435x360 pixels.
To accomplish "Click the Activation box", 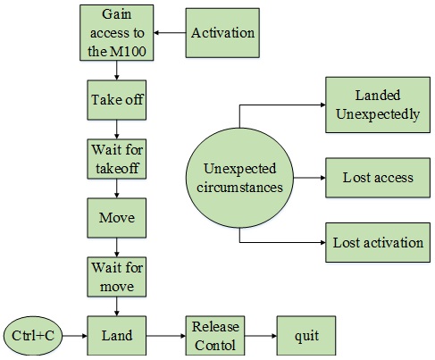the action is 222,33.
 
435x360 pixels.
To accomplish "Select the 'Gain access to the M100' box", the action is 117,33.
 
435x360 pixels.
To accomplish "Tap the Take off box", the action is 117,100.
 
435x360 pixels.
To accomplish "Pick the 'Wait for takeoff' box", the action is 117,159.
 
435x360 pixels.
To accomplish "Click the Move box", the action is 117,218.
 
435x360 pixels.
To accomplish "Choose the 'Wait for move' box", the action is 117,277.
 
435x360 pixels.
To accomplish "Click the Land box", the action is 117,336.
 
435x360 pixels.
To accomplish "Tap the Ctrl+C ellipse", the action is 33,336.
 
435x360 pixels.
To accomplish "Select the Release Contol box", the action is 215,336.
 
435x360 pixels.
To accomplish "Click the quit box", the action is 306,336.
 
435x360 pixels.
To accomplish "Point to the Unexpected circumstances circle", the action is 239,178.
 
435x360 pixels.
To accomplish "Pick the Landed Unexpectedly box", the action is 378,105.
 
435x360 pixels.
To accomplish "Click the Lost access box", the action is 378,178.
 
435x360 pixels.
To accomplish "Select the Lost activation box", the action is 378,242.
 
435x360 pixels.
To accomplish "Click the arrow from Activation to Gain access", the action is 170,33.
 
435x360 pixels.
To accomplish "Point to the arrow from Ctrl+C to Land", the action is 75,336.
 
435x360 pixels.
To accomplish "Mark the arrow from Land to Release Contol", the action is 166,336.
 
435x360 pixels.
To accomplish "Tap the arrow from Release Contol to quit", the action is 261,336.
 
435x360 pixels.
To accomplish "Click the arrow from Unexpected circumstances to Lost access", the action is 310,178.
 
